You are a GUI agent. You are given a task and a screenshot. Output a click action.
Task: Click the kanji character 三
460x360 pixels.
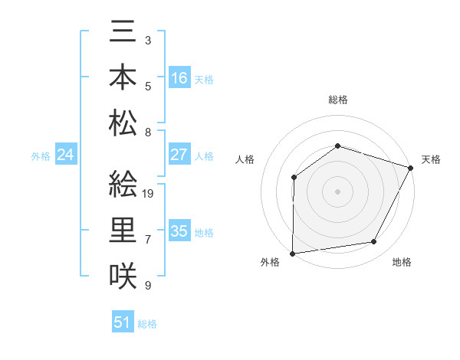pos(123,34)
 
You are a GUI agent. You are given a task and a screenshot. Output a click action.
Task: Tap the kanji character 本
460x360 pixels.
pos(123,78)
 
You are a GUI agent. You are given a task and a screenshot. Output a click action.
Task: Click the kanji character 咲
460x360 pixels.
pos(123,274)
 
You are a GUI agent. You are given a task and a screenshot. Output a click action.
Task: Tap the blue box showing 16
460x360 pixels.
pos(179,78)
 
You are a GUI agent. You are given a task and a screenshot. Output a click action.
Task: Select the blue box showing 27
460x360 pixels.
pos(179,155)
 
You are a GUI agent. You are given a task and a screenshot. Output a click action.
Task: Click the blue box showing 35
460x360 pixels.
pos(179,231)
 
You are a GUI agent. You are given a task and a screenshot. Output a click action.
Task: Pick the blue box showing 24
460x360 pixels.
pos(66,155)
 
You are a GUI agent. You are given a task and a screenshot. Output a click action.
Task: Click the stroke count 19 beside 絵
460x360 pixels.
pos(149,194)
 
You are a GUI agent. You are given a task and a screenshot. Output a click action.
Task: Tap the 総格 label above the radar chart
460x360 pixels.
pos(337,100)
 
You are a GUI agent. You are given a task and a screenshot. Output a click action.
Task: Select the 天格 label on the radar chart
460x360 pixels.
pos(431,159)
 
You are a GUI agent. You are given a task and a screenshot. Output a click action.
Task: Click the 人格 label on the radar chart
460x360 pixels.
pos(245,159)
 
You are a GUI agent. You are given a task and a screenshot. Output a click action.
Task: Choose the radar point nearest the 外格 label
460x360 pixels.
pos(292,254)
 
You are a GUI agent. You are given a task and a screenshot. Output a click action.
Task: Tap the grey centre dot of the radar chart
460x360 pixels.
pos(337,191)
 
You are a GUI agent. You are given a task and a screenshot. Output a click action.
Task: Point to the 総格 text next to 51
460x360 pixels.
pos(147,324)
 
